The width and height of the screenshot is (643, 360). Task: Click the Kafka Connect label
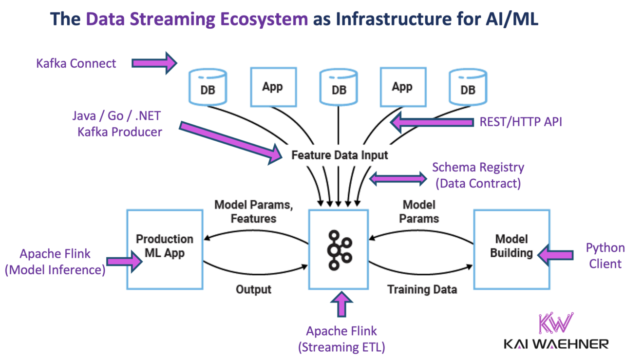(x=76, y=63)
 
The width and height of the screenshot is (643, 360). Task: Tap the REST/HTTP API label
(x=521, y=122)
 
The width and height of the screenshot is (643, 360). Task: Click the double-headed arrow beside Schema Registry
(x=398, y=179)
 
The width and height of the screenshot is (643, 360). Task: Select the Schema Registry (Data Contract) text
(x=478, y=175)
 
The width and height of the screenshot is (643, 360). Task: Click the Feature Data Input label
(x=340, y=155)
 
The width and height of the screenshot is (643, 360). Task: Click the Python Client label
(x=605, y=256)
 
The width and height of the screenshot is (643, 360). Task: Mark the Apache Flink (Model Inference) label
(x=55, y=262)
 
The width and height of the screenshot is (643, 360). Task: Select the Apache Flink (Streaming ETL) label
(x=341, y=339)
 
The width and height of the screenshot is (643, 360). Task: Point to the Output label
(x=253, y=289)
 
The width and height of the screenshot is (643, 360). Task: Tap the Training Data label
(x=422, y=289)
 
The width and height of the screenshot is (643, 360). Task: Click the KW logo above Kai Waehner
(x=555, y=323)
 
